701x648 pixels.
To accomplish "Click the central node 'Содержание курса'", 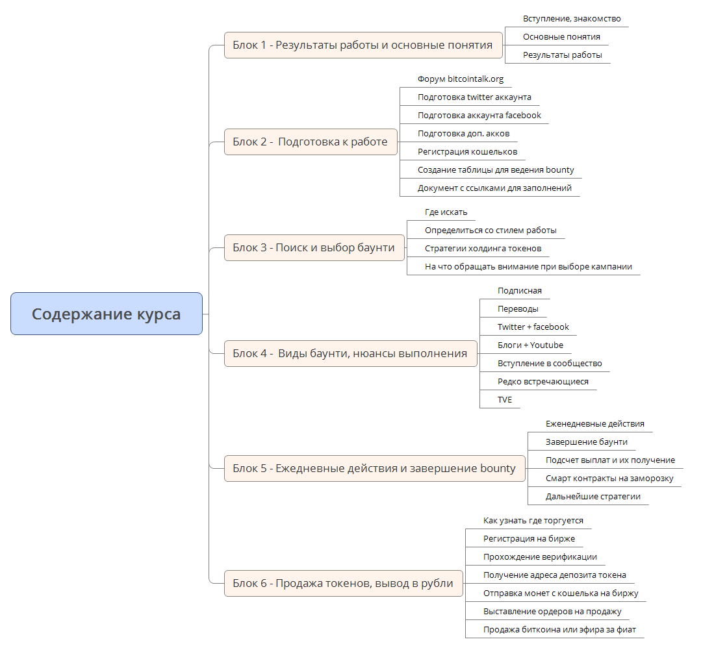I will (x=107, y=314).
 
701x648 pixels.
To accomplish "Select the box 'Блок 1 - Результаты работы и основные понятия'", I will (x=363, y=45).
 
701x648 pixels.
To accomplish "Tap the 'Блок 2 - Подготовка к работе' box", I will (x=310, y=142).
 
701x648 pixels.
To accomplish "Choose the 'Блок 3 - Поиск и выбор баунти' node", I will (x=314, y=247).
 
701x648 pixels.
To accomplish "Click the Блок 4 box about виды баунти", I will (x=350, y=353).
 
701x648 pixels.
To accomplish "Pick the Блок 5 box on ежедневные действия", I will (x=374, y=468).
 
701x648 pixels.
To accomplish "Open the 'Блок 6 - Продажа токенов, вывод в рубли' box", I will (x=342, y=583).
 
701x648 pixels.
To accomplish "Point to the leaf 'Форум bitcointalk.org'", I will (x=460, y=79).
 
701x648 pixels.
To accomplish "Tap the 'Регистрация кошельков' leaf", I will (x=467, y=152).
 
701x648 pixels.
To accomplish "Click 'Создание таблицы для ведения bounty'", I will (x=495, y=170).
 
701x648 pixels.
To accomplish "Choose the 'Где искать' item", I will (x=446, y=212).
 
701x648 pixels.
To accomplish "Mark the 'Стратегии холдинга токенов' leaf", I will (x=483, y=249).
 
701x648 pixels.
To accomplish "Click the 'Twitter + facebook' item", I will (x=533, y=327).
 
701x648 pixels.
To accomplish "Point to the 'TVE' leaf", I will (x=505, y=400).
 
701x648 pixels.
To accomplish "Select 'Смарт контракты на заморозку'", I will (x=609, y=479).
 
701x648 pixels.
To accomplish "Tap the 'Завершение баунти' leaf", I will (x=586, y=442).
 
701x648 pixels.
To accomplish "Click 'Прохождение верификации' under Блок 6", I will (x=539, y=557).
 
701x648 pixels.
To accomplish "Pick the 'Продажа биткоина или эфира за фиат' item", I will (x=559, y=630).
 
